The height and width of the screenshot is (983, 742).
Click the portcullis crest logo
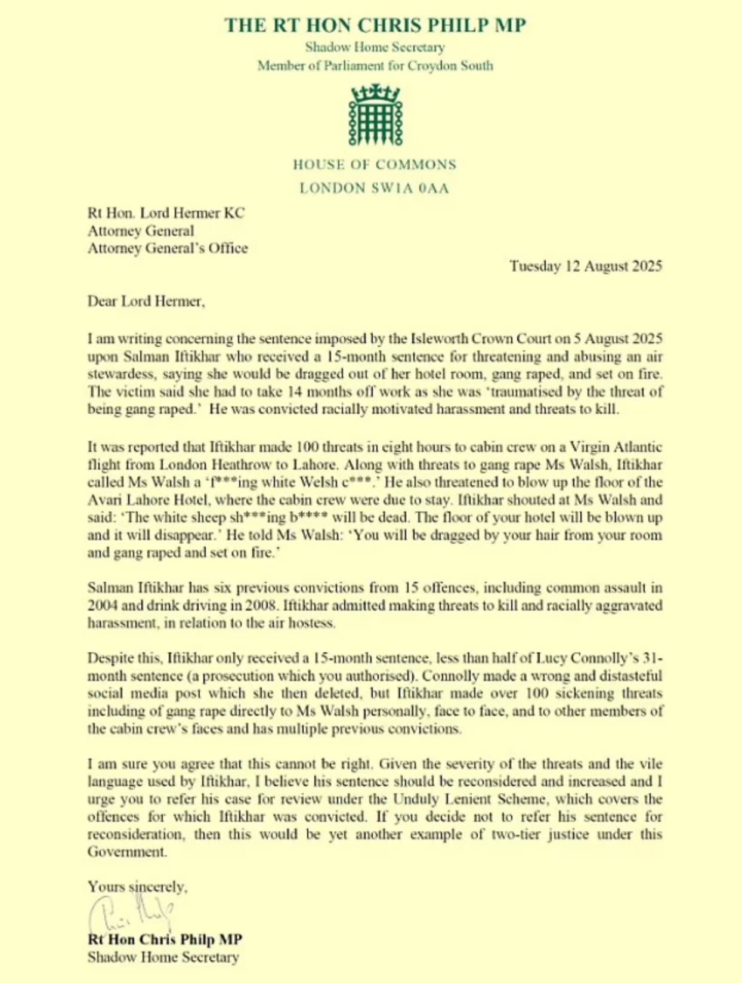375,115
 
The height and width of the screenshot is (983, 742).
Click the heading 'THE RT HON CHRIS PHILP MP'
375,25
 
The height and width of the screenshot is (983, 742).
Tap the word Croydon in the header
429,66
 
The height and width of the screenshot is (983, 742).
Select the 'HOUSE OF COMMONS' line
375,165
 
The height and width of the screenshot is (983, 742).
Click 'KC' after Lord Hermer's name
234,213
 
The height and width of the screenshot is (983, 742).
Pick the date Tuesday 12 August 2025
585,266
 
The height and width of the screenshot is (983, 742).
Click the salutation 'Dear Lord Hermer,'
146,301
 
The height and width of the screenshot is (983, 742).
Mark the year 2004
103,605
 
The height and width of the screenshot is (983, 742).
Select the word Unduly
413,799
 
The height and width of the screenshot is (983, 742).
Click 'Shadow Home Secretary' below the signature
163,957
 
